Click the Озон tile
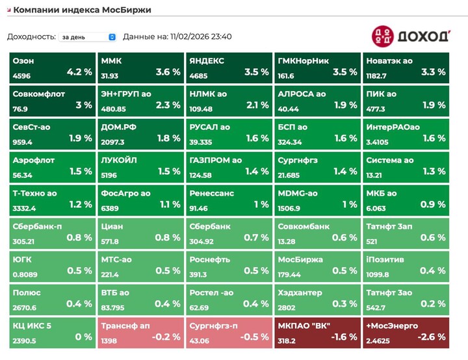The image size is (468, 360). point(53,68)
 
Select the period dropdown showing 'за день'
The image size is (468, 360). point(88,37)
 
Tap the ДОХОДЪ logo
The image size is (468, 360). point(411,36)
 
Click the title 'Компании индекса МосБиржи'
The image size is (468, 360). point(85,10)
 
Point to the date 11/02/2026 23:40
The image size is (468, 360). point(201,36)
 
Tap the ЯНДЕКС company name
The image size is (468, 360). point(207,60)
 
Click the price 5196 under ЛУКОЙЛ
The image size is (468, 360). point(109,175)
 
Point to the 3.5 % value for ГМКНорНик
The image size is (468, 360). point(344,72)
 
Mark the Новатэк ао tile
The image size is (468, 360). point(406,68)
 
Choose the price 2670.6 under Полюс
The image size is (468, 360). point(25,308)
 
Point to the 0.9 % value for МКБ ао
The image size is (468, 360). point(433,205)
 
